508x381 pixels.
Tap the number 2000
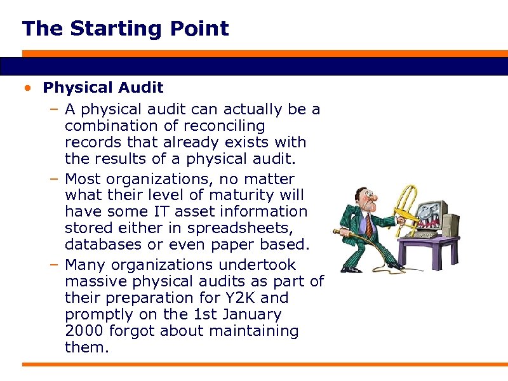click(84, 331)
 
